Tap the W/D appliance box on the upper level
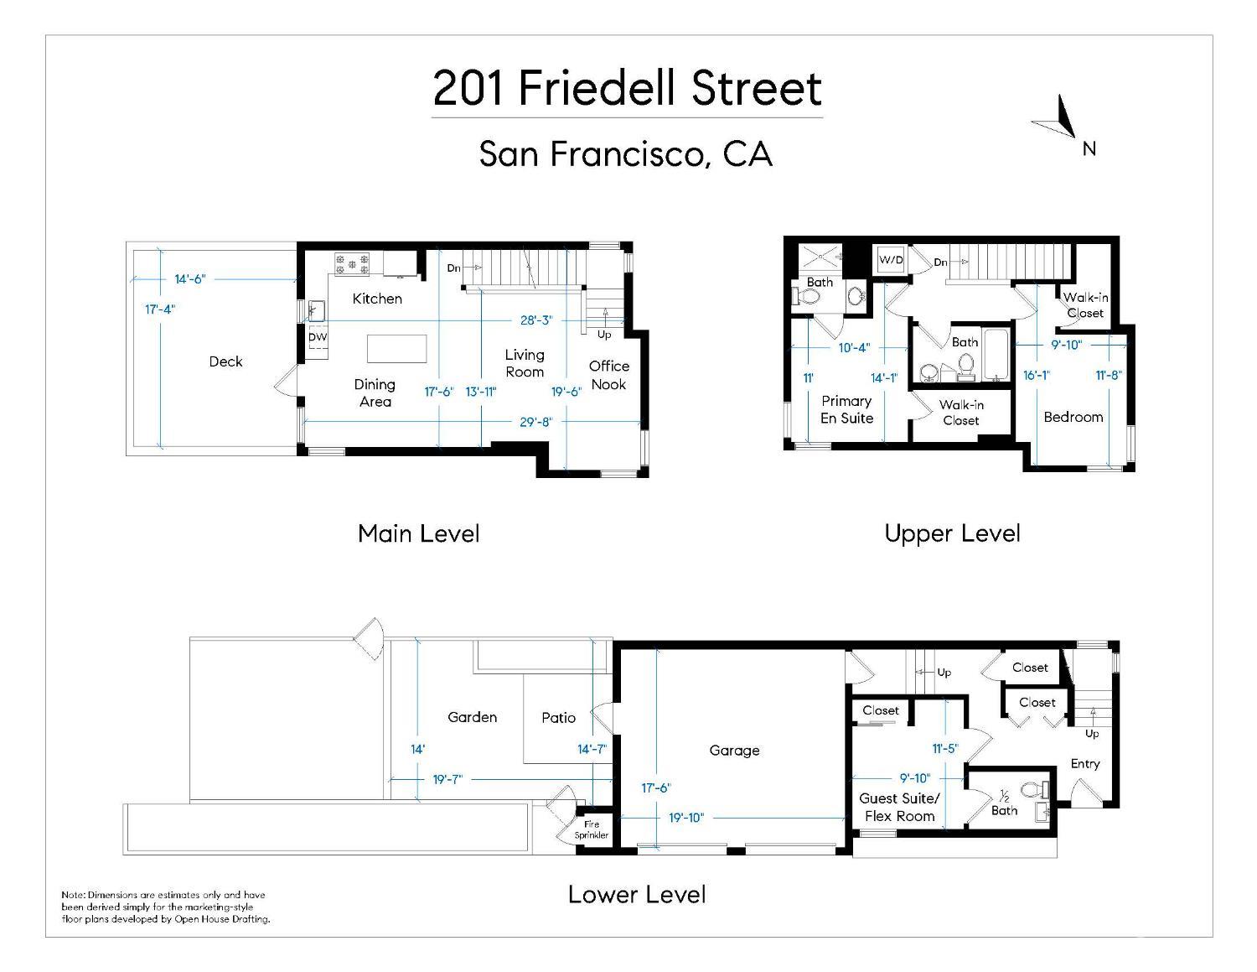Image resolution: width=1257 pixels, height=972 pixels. (x=891, y=260)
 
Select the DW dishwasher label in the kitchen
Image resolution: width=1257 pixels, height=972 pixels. (x=318, y=337)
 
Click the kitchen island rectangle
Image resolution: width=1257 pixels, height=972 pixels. (x=396, y=348)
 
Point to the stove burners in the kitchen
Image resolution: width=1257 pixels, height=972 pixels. (x=352, y=265)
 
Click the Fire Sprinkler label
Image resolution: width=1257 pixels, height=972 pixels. (x=592, y=829)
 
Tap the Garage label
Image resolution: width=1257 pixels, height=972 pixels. (x=734, y=751)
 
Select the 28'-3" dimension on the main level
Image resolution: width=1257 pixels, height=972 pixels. (x=536, y=320)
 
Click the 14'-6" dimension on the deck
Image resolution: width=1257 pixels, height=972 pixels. (x=190, y=279)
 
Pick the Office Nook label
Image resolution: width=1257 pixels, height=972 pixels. (x=609, y=375)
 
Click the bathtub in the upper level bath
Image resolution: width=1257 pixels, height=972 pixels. (x=996, y=356)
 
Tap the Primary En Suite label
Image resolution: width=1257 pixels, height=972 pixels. (x=846, y=409)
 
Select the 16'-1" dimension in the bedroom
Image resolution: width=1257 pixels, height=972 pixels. (x=1036, y=376)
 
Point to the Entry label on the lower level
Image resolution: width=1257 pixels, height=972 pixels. (x=1084, y=764)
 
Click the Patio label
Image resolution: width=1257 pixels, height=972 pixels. (x=558, y=718)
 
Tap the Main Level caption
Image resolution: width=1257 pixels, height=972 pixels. (x=418, y=533)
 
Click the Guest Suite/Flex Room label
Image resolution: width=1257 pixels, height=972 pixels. (x=899, y=808)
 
